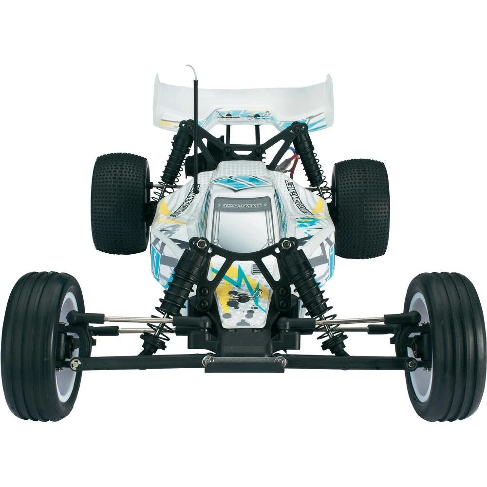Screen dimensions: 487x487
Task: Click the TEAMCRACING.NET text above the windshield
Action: pos(242,205)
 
